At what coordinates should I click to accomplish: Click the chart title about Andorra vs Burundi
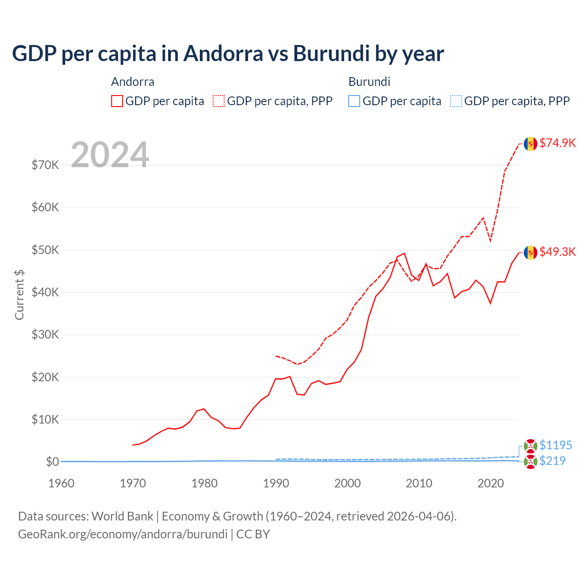(228, 53)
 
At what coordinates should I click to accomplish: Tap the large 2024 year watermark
(110, 155)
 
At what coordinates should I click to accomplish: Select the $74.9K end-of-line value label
(557, 143)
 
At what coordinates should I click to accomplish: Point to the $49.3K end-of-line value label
(557, 252)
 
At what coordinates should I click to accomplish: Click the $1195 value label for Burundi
(555, 445)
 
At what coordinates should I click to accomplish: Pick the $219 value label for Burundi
(552, 461)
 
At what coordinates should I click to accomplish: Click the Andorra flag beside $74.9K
(531, 144)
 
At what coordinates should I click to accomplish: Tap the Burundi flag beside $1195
(531, 446)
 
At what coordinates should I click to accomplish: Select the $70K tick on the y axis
(45, 165)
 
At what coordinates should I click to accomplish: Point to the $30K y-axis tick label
(45, 334)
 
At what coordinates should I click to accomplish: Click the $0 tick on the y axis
(52, 462)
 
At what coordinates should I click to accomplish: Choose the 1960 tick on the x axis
(61, 483)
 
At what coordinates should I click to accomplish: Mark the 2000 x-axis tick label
(347, 483)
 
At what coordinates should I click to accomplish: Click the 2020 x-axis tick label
(491, 483)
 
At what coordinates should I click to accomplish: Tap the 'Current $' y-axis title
(19, 294)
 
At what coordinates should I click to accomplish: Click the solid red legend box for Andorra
(117, 101)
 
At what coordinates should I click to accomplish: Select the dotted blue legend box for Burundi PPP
(456, 101)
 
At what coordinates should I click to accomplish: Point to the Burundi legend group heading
(369, 82)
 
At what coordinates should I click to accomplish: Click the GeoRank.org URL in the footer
(123, 534)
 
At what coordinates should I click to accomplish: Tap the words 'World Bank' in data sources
(122, 516)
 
